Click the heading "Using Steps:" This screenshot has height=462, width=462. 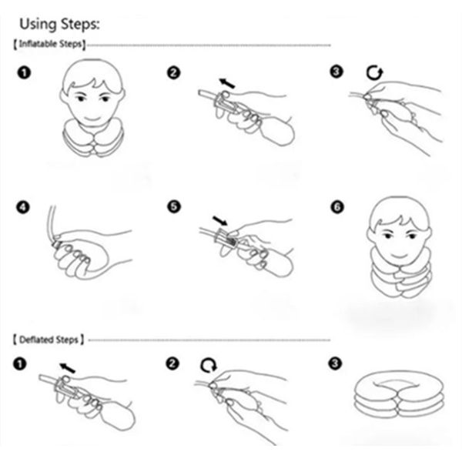(59, 24)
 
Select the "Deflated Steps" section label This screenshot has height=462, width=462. (49, 340)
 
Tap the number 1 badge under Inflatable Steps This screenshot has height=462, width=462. (24, 72)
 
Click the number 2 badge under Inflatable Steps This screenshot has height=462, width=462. (173, 72)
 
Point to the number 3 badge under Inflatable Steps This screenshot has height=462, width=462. (336, 72)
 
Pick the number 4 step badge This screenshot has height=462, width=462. (23, 207)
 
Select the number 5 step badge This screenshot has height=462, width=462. (174, 206)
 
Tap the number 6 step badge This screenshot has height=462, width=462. (337, 206)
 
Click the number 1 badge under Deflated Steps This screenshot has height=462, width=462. (20, 364)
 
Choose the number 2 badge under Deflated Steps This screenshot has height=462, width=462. (172, 363)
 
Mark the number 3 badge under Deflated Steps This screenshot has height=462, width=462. (335, 363)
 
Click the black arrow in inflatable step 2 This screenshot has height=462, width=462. (227, 83)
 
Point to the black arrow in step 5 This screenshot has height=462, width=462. (220, 220)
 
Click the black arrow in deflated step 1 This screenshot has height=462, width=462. (68, 368)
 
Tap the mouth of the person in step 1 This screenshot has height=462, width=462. (92, 119)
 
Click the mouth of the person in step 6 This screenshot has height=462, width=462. (398, 254)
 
